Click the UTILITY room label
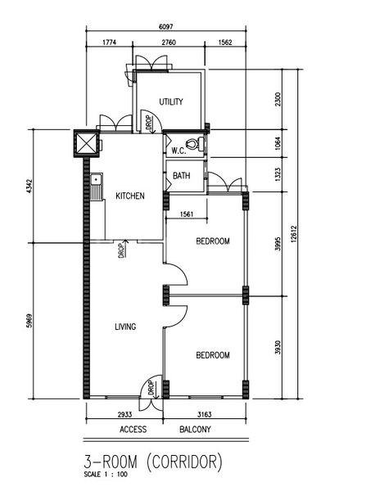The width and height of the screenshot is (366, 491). click(171, 101)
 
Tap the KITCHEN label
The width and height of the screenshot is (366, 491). click(130, 196)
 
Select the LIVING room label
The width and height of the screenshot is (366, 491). click(125, 327)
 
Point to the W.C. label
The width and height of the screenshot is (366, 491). click(178, 151)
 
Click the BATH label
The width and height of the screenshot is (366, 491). click(182, 175)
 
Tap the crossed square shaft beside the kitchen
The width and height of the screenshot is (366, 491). click(86, 143)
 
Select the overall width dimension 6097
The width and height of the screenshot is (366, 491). click(165, 27)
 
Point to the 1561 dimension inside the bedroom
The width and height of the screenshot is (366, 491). click(187, 214)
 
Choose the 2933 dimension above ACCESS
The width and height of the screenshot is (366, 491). click(124, 414)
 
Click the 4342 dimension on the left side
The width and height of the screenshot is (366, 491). click(29, 186)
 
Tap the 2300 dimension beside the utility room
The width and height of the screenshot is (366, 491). click(278, 99)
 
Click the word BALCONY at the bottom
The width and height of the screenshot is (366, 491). click(195, 429)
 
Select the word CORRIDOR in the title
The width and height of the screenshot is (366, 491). click(184, 462)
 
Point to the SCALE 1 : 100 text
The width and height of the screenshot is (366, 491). click(106, 475)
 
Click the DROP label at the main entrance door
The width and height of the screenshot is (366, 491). click(151, 388)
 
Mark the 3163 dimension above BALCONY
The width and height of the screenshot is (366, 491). click(205, 414)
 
